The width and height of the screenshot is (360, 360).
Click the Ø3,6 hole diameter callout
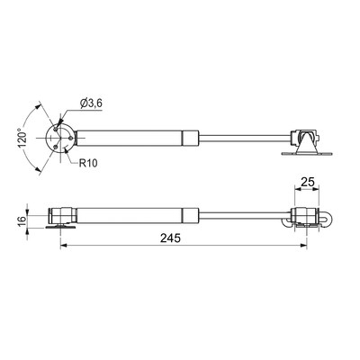coord(92,104)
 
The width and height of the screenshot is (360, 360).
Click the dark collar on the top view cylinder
coord(190,138)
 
